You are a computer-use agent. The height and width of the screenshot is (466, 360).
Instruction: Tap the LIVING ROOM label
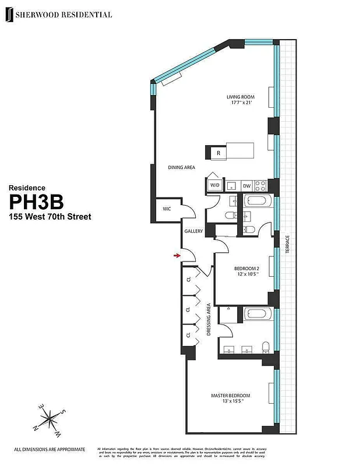[x=242, y=97]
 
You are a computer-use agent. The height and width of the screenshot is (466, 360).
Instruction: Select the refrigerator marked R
[x=218, y=153]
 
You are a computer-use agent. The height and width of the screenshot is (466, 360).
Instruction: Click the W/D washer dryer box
[x=215, y=186]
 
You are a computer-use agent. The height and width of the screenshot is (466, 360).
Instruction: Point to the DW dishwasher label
[x=246, y=186]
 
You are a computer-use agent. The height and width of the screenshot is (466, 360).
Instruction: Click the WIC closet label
[x=167, y=208]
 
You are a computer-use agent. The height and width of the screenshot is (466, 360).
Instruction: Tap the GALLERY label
[x=193, y=231]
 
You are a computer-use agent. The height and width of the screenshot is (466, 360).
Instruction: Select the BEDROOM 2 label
[x=246, y=269]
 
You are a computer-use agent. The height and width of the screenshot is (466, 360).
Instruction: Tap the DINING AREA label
[x=181, y=167]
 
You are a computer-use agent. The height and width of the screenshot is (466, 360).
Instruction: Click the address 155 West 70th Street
[x=50, y=217]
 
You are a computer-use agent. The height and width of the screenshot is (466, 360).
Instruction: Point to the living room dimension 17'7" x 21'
[x=242, y=104]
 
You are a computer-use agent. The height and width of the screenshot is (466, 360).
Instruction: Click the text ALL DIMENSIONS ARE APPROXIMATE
[x=50, y=449]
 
